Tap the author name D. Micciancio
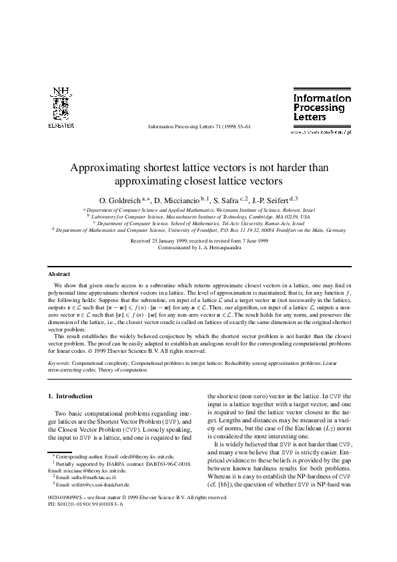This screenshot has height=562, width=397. click(x=178, y=200)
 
